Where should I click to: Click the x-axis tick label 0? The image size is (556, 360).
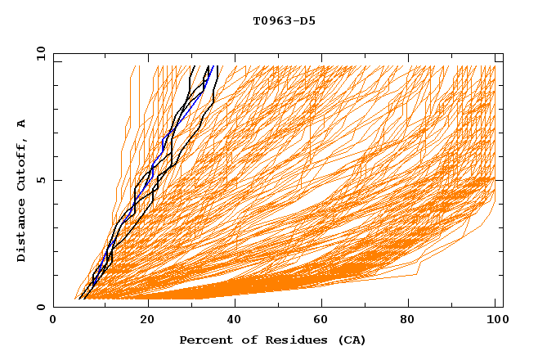[53, 322]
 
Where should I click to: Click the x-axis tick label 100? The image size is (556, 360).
[495, 322]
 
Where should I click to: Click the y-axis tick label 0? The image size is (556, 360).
[41, 308]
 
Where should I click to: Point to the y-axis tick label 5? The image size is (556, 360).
[41, 180]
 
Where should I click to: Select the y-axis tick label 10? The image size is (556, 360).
[41, 53]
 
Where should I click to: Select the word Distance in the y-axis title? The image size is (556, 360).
[22, 231]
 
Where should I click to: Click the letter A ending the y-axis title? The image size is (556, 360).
[22, 123]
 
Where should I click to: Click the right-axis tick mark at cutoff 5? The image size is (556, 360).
[499, 180]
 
